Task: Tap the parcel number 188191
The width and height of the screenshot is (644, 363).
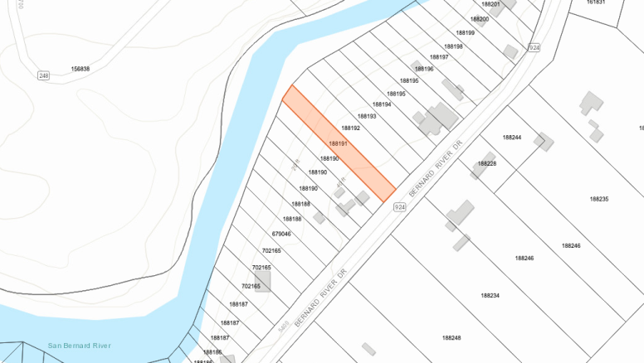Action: (338, 143)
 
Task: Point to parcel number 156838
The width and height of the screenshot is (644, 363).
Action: (80, 69)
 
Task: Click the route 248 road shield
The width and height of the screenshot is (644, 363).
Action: (43, 75)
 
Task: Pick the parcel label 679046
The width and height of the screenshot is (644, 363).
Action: (282, 235)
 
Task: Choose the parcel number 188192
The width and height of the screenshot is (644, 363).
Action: (351, 128)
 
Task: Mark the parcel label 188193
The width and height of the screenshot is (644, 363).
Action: (367, 116)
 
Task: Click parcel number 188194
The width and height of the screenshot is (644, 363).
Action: (382, 104)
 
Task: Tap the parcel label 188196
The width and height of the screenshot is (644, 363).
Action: (423, 69)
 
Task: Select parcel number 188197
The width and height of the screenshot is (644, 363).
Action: (439, 57)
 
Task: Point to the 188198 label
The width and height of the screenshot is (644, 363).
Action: (453, 46)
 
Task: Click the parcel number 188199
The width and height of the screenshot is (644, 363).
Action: (466, 32)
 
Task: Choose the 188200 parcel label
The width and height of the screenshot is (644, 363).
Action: (480, 18)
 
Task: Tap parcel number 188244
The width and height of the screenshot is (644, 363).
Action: (512, 137)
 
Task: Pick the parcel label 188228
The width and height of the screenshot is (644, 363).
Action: (487, 163)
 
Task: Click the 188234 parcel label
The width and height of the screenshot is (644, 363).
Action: (490, 295)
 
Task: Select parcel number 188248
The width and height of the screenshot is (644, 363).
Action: (451, 337)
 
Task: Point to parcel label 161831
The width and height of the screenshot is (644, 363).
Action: (596, 2)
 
